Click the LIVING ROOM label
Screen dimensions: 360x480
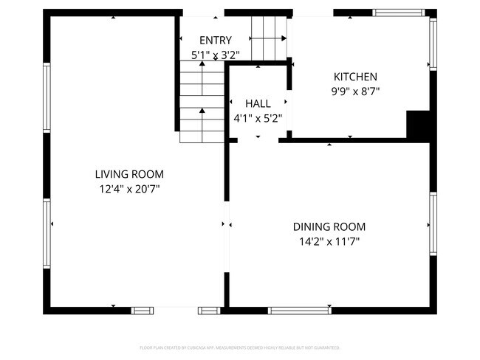[x=129, y=175]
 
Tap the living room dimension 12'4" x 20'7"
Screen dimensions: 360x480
[x=129, y=189]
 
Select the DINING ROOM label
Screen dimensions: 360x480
[x=329, y=227]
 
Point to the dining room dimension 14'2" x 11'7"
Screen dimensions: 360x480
[x=329, y=241]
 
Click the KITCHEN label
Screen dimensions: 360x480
[x=355, y=77]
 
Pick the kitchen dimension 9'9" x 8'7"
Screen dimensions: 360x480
[x=355, y=91]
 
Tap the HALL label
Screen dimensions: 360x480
[x=258, y=104]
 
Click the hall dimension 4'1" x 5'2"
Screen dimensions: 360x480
[x=258, y=118]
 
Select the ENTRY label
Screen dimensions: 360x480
[x=215, y=41]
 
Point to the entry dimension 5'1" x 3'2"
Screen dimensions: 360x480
[x=215, y=54]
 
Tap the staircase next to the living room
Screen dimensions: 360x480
[x=202, y=103]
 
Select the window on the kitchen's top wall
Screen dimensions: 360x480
[x=399, y=13]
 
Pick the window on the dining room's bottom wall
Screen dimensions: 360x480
[x=299, y=310]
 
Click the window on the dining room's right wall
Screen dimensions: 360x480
[x=433, y=224]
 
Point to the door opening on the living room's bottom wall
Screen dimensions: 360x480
[x=175, y=310]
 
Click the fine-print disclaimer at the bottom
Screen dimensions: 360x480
[x=240, y=347]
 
